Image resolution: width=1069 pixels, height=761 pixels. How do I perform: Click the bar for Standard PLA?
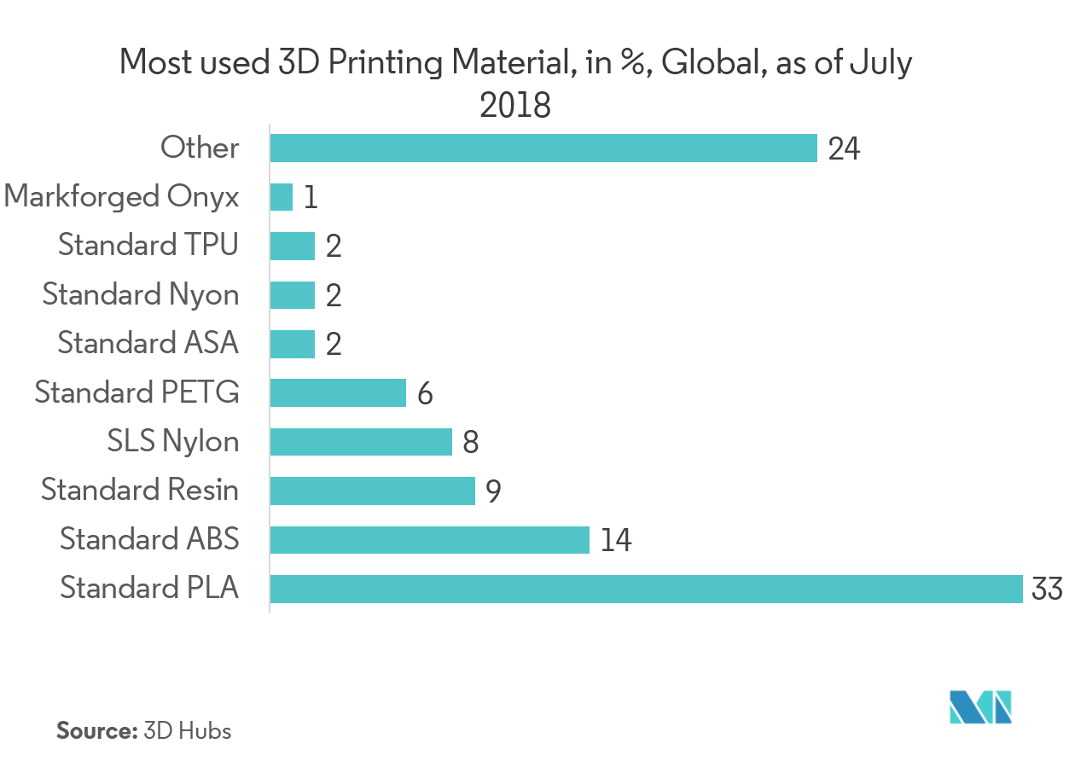click(x=646, y=589)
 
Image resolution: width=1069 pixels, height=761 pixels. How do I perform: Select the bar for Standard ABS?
click(x=429, y=540)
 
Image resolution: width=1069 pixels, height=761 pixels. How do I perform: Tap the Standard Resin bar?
click(x=372, y=491)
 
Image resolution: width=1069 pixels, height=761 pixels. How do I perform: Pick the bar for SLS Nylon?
click(x=361, y=442)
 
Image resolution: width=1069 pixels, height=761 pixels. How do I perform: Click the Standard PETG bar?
click(x=338, y=393)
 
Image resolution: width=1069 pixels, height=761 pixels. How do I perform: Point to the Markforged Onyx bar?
click(x=282, y=197)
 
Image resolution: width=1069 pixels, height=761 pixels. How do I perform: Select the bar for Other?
click(x=543, y=148)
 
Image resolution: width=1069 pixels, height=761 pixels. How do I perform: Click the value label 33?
click(x=1047, y=590)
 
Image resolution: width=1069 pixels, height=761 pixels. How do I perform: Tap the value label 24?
click(x=844, y=149)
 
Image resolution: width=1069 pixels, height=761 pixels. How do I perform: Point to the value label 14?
click(x=616, y=541)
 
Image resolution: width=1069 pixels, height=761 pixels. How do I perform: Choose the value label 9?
click(x=493, y=491)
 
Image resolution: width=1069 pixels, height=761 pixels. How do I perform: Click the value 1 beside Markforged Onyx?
click(x=310, y=198)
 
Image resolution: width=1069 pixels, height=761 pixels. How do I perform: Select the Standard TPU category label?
click(x=148, y=246)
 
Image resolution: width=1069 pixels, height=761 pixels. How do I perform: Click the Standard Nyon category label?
click(x=141, y=294)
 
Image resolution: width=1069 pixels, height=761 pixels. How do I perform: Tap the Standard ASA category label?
click(x=148, y=343)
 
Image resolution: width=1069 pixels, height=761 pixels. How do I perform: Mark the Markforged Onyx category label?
click(x=121, y=197)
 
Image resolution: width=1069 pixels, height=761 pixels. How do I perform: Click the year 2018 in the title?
click(x=514, y=107)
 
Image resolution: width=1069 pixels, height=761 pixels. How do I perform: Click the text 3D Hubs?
click(x=187, y=731)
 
